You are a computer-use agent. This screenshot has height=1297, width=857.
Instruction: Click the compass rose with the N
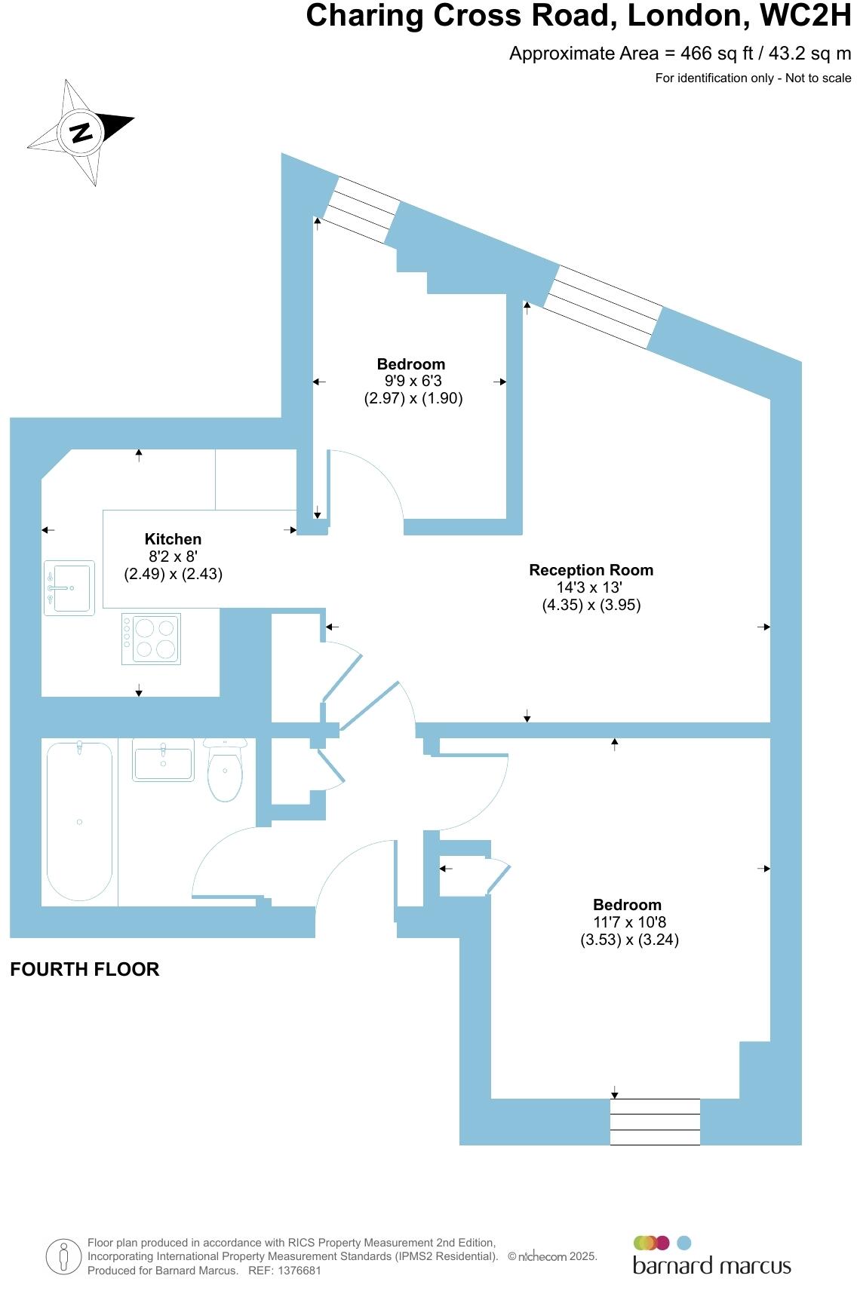click(81, 132)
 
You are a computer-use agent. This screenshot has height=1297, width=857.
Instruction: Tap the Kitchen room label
click(173, 539)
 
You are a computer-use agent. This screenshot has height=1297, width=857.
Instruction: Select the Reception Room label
click(591, 570)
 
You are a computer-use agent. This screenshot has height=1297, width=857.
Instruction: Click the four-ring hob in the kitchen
click(151, 639)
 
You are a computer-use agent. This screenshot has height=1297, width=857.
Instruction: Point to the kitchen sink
click(69, 587)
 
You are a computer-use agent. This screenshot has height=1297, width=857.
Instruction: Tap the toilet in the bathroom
click(225, 771)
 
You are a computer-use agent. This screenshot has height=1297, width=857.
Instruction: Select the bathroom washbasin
click(163, 760)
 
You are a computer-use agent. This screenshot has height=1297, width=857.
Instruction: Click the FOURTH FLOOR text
click(84, 969)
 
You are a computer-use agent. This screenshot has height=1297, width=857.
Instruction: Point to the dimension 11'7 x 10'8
click(629, 922)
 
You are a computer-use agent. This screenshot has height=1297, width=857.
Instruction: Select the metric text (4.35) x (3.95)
click(591, 605)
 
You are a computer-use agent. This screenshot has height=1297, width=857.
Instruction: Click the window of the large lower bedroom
click(655, 1122)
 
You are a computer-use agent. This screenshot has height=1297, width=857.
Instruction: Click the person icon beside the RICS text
click(63, 1256)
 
